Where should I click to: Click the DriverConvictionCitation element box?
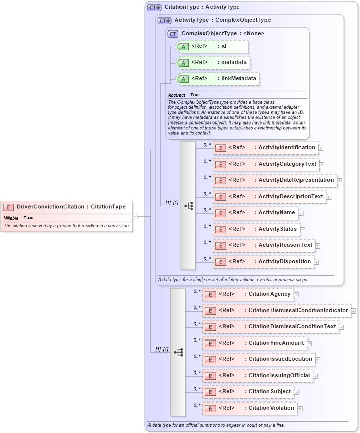tap(66, 207)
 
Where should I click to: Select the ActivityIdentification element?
tap(265, 148)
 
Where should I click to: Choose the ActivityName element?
tap(255, 213)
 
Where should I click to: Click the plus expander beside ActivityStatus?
tap(303, 229)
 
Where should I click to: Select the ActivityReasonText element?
tap(264, 245)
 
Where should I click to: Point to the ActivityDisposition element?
tap(263, 262)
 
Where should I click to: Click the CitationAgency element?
tap(248, 294)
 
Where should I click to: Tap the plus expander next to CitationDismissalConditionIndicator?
tap(354, 311)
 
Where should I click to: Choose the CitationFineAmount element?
tap(255, 343)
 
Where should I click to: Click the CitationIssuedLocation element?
tap(259, 359)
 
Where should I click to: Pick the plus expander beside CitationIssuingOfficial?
tap(315, 376)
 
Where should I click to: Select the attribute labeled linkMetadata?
tap(218, 79)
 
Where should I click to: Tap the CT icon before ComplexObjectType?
tap(173, 34)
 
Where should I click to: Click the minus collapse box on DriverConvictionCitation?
tap(135, 216)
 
